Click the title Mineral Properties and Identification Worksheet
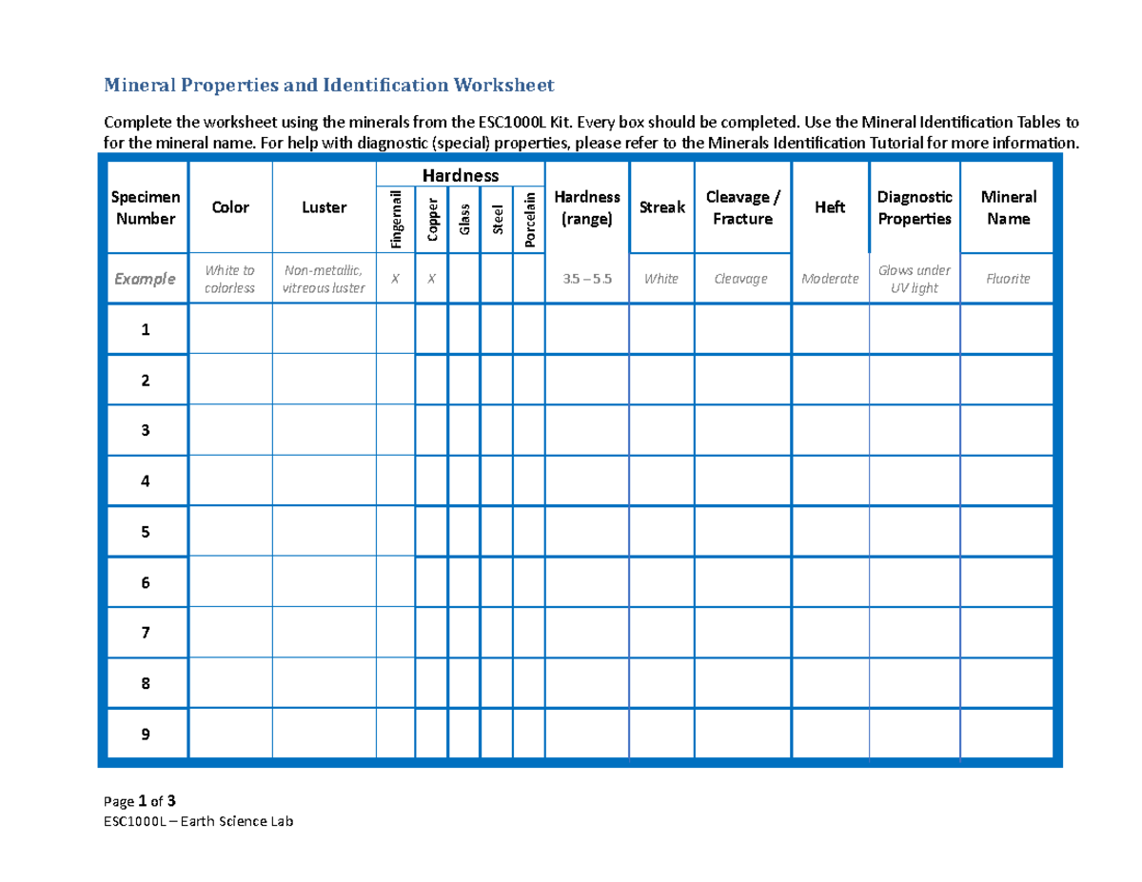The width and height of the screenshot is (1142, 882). coord(328,87)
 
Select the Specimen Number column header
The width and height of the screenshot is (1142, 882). coord(145,207)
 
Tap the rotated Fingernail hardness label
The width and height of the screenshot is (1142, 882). coord(396,219)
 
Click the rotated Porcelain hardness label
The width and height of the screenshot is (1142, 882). coord(529,219)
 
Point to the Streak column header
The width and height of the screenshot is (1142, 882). coord(661,207)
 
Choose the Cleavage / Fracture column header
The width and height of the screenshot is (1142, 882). coord(742,207)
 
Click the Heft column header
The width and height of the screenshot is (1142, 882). coord(830,207)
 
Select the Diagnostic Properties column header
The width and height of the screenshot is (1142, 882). coord(914,207)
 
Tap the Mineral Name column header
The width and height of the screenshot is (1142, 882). coord(1009,207)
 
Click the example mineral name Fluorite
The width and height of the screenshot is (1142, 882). coord(1009,279)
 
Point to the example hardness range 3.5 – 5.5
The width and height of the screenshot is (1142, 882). coord(586,279)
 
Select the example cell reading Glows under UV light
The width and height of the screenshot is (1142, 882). coord(914,279)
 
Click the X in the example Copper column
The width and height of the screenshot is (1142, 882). coord(431,279)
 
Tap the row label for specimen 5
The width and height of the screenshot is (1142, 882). coord(145,532)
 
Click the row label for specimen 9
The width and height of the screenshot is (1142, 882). coord(145,735)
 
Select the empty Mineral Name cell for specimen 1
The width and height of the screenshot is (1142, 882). coord(1009,330)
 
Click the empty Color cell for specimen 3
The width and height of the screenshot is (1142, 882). coord(230,430)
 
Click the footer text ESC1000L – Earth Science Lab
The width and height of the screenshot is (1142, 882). coord(199,822)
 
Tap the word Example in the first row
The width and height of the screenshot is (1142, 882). coord(145,279)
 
